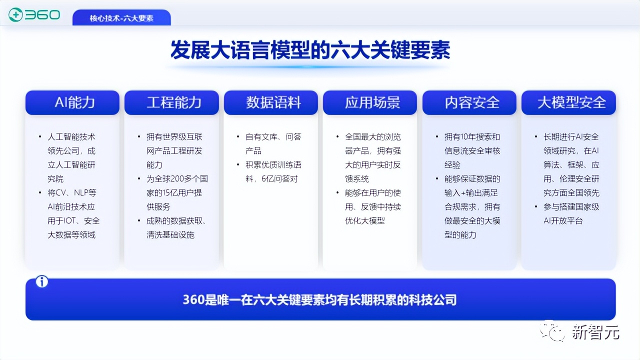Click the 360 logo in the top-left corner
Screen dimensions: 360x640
(34, 15)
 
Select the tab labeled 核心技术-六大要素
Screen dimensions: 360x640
(121, 18)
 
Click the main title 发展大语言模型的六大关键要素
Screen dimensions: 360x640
(310, 50)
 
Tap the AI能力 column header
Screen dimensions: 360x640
(73, 102)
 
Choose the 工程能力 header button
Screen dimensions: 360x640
(172, 102)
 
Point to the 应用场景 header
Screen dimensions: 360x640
(370, 102)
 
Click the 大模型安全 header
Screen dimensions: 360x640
(569, 102)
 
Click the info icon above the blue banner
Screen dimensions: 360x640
(42, 282)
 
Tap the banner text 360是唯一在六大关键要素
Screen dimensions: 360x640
(320, 300)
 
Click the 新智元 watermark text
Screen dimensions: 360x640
(595, 332)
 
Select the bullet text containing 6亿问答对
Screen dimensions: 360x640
(273, 171)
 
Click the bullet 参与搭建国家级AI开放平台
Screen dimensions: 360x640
(571, 213)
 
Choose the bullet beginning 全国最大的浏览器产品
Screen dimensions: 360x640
(372, 157)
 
